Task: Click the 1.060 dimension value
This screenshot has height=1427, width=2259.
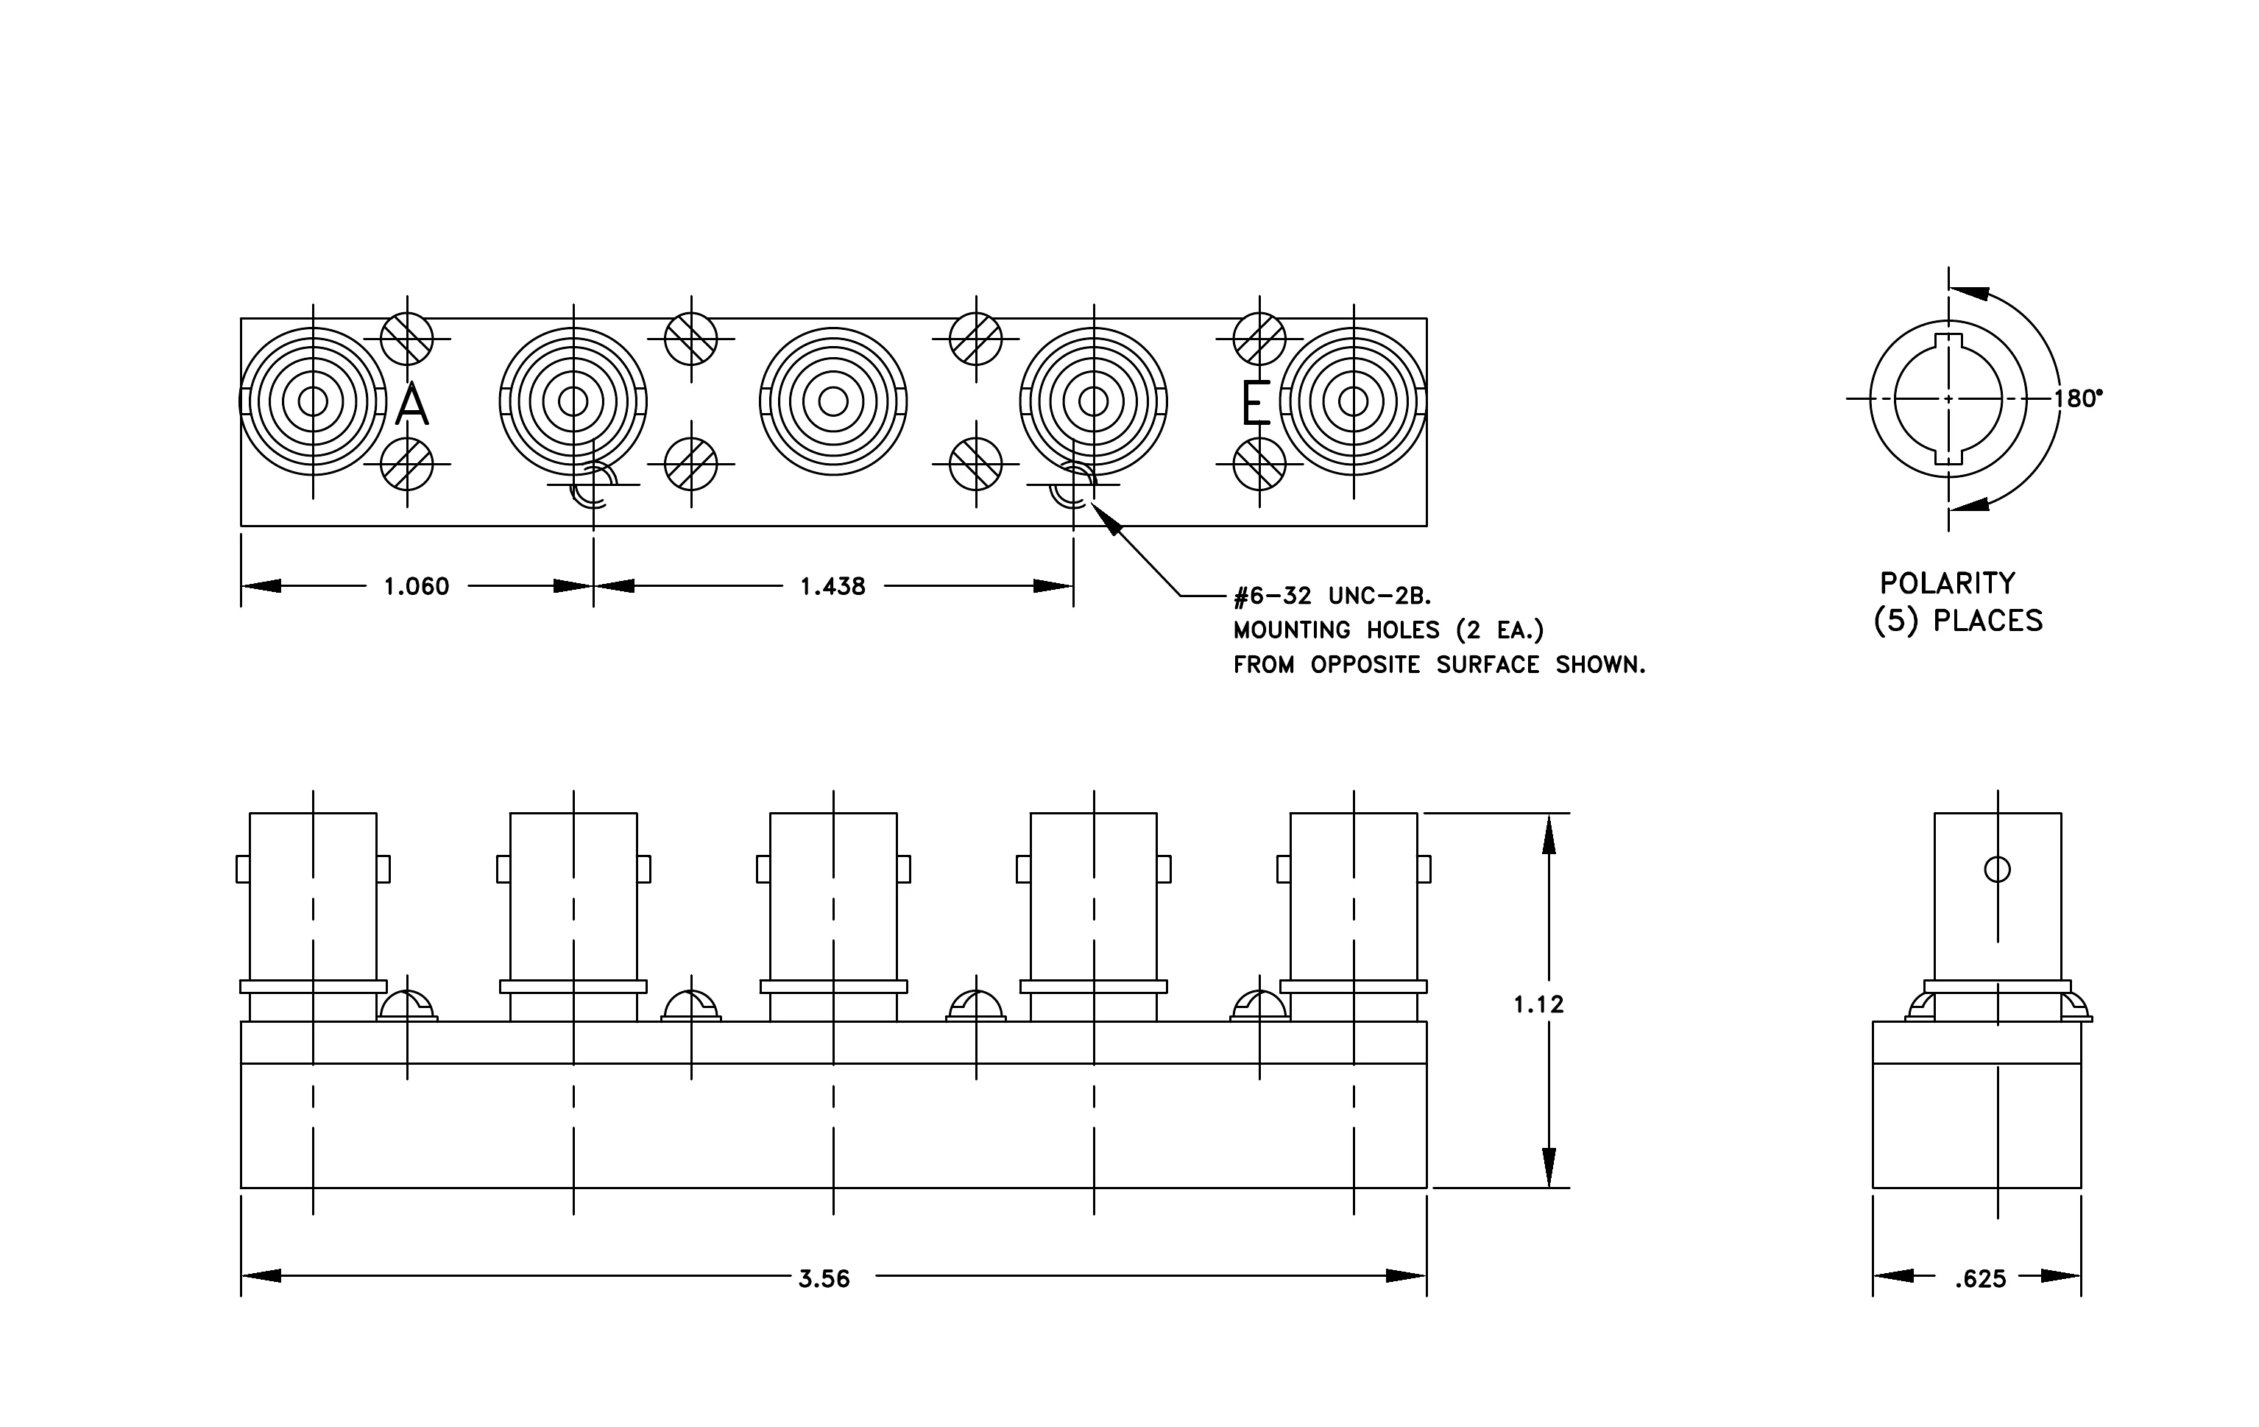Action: point(417,586)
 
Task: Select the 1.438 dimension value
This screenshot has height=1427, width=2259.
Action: point(833,586)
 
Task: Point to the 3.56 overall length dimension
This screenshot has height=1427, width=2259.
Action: point(824,1279)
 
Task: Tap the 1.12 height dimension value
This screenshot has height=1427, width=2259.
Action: point(1538,1005)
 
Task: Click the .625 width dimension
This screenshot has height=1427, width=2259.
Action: point(1980,1279)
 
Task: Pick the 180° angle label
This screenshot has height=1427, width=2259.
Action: point(2078,399)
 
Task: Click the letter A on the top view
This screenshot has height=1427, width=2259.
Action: point(412,404)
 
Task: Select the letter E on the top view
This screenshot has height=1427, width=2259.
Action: point(1256,404)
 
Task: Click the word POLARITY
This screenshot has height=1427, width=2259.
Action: point(1948,584)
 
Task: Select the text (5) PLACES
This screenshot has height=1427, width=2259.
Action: point(1958,621)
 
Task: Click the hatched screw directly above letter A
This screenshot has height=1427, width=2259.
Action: point(407,339)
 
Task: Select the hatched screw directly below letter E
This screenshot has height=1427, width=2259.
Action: point(1259,463)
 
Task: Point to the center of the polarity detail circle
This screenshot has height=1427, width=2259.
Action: point(1948,399)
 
